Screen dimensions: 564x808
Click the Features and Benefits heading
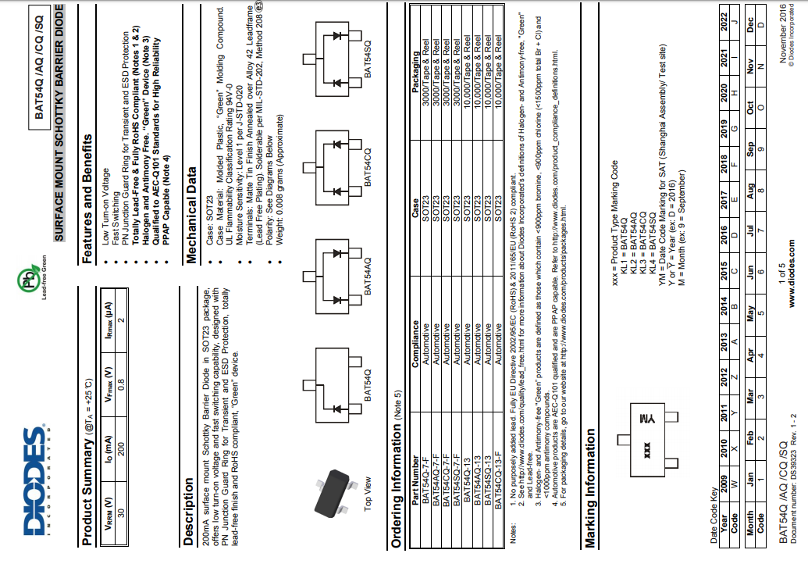88,153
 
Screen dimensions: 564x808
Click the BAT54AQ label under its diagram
368,277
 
